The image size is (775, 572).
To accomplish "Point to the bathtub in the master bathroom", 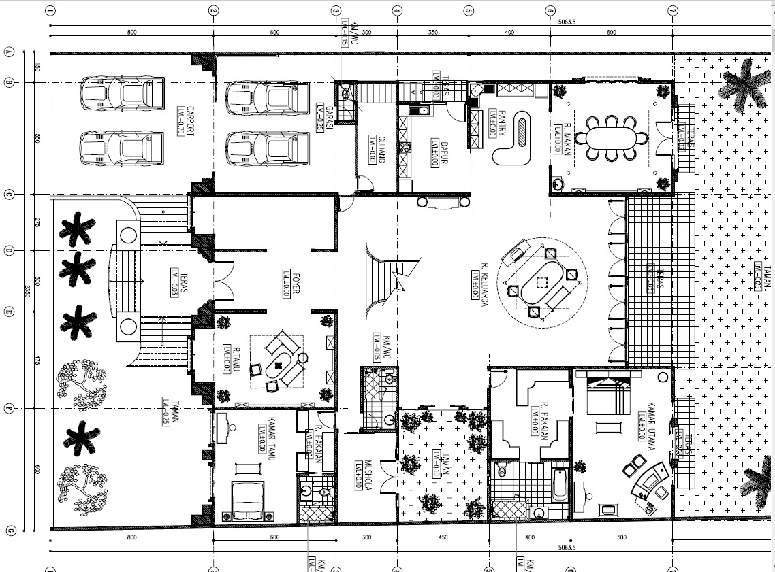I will pyautogui.click(x=560, y=484).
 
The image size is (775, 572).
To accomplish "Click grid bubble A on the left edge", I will pyautogui.click(x=10, y=52).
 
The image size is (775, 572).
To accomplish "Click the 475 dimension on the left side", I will pyautogui.click(x=38, y=360).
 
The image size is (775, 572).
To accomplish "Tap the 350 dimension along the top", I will pyautogui.click(x=433, y=33).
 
